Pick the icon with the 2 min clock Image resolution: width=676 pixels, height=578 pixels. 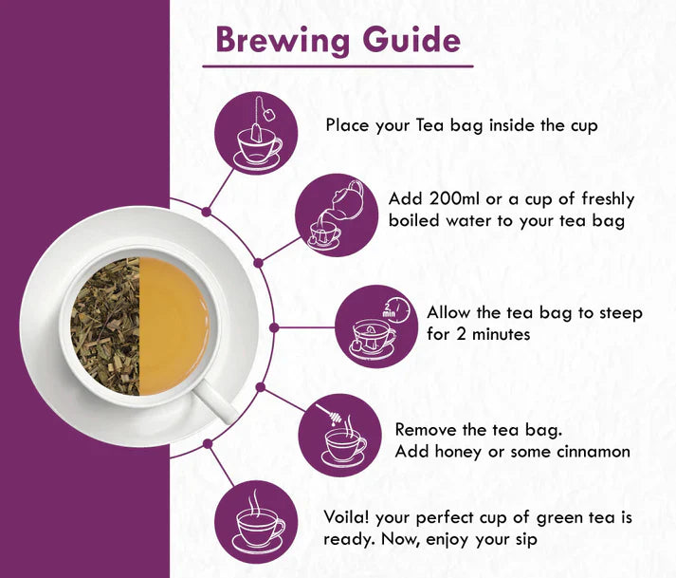click(378, 325)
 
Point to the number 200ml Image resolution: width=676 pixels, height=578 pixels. click(454, 199)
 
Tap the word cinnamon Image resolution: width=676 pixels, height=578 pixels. click(590, 452)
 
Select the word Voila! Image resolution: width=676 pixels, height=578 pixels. click(347, 518)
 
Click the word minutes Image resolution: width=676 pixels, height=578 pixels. click(503, 334)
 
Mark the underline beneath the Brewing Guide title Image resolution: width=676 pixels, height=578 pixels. click(338, 66)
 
